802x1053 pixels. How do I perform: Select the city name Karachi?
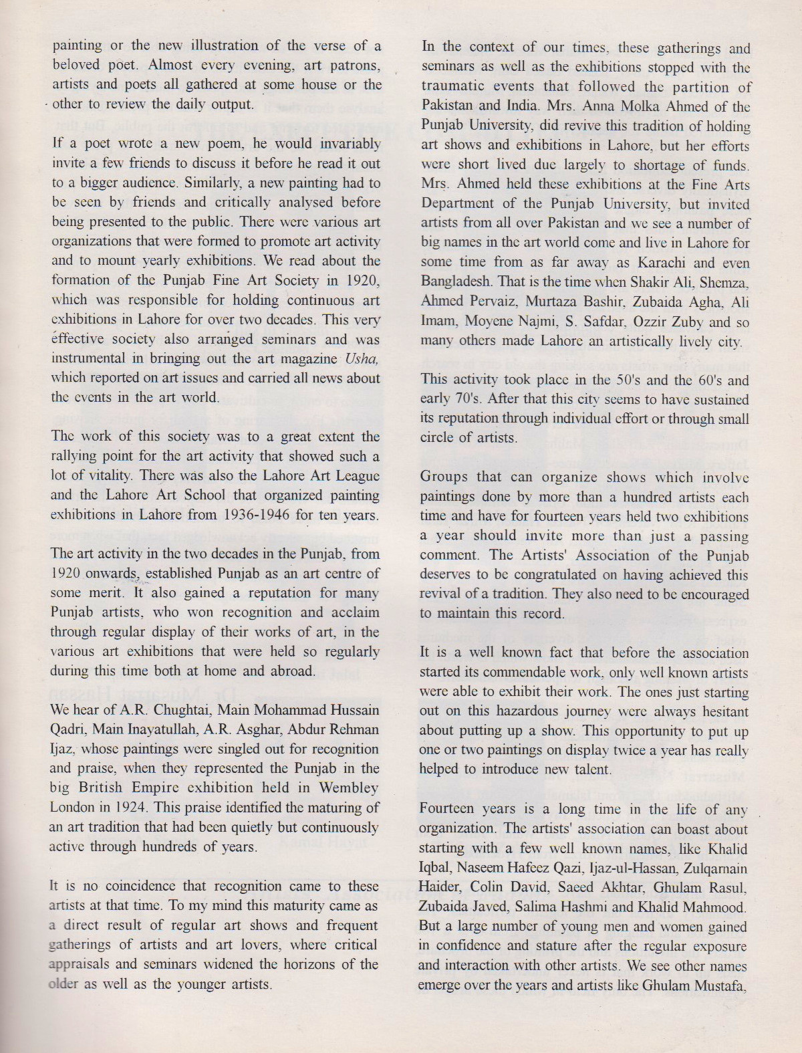(670, 263)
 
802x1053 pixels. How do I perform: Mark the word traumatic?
(453, 88)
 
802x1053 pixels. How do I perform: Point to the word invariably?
(347, 144)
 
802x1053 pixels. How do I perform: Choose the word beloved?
(76, 66)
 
